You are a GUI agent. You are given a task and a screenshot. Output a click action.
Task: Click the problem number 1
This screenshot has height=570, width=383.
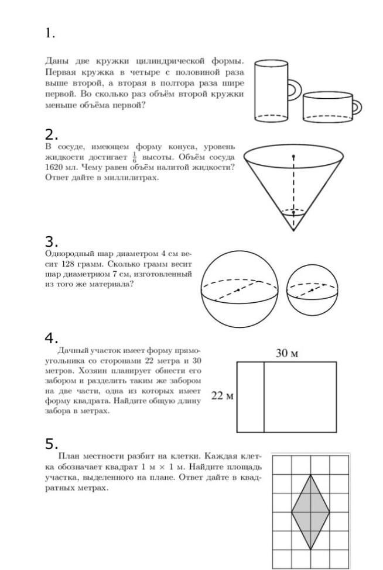point(50,33)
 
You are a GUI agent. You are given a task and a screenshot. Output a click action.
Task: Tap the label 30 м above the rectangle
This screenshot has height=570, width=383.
point(287,353)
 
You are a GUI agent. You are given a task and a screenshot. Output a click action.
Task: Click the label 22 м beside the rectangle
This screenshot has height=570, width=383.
point(222,396)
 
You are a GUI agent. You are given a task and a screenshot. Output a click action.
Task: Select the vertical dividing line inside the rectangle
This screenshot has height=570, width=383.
point(264,396)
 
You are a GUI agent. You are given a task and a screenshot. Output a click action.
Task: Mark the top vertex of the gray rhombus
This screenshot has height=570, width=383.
point(310,475)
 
